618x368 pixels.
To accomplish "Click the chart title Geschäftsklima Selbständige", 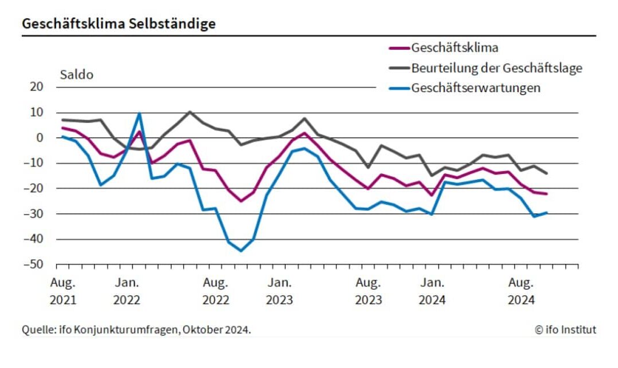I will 119,24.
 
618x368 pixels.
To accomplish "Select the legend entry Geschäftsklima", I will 454,48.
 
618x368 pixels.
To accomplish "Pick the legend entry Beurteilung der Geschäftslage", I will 496,68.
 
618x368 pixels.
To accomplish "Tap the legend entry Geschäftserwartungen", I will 476,88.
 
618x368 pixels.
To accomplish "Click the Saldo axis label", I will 76,75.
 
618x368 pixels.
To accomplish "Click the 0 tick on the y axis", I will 40,138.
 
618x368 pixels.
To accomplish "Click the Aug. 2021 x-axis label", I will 62,291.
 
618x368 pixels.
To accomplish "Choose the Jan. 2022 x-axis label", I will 126,291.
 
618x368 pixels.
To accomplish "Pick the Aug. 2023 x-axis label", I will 369,291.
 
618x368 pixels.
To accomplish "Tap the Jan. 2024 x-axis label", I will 432,291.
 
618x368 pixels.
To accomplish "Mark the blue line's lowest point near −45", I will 241,251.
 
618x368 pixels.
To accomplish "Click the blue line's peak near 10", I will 139,113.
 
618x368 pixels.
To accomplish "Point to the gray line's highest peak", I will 189,112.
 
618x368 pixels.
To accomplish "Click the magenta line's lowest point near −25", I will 241,201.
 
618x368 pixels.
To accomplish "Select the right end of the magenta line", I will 546,194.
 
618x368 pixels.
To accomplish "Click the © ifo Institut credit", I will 565,330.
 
